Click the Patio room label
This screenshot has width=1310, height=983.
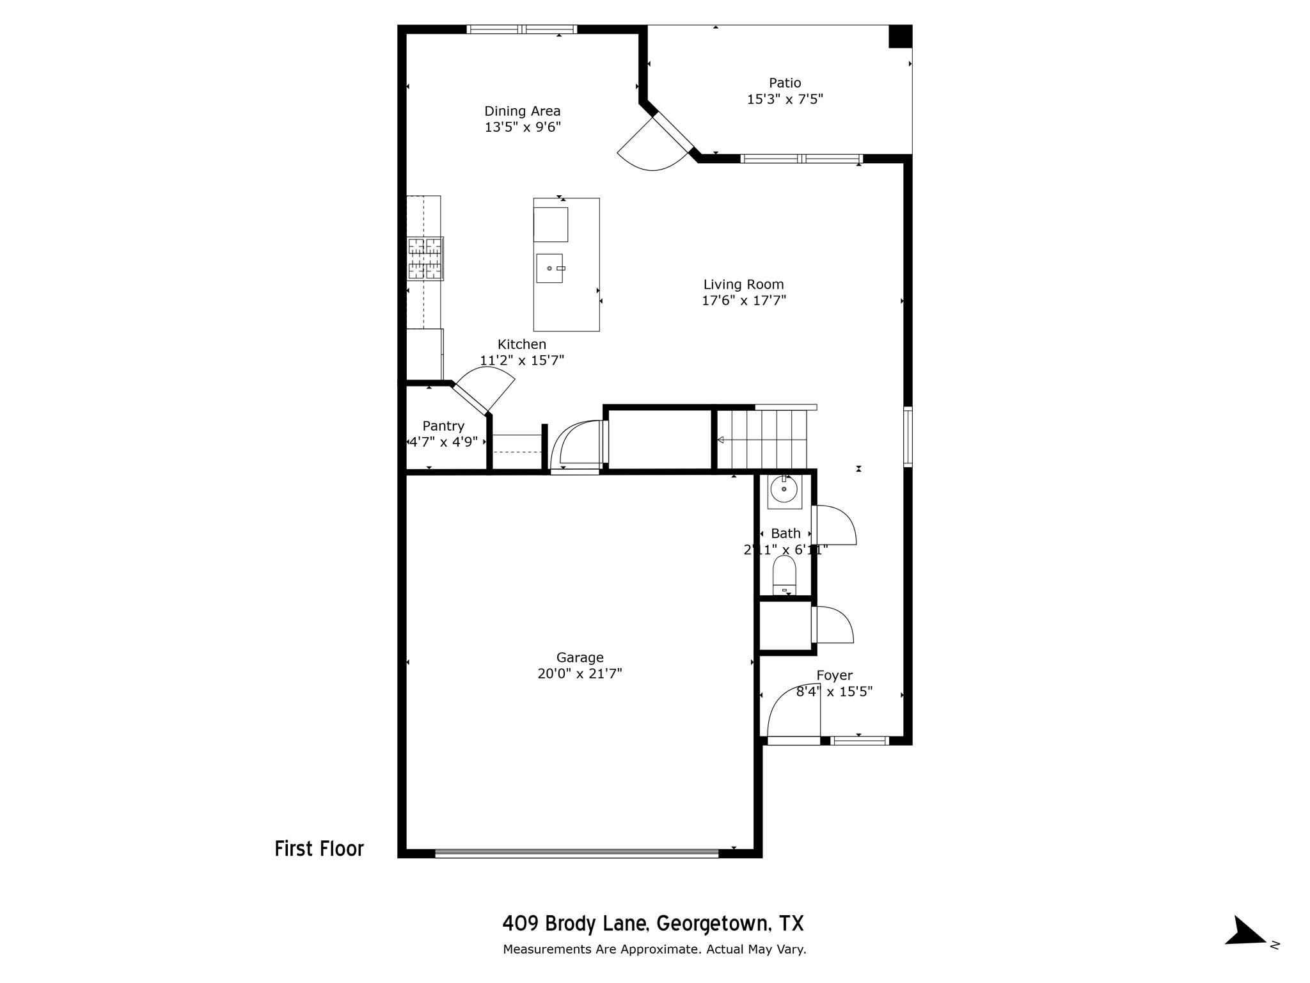click(785, 83)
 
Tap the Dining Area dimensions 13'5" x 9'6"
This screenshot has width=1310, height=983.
click(523, 127)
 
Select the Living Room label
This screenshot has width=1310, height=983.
click(743, 284)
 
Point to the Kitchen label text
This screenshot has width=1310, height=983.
click(522, 344)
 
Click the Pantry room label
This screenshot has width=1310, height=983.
click(443, 426)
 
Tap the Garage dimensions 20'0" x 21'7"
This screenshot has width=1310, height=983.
click(580, 674)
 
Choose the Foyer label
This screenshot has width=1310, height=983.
click(834, 676)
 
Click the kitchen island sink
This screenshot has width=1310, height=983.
click(550, 268)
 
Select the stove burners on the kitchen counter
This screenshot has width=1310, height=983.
click(425, 259)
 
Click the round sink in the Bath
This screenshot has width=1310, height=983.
click(784, 490)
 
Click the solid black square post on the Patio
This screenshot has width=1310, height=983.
click(900, 36)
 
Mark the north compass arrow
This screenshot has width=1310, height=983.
click(1246, 949)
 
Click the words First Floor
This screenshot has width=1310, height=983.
click(319, 849)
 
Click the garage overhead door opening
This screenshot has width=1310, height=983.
click(577, 853)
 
